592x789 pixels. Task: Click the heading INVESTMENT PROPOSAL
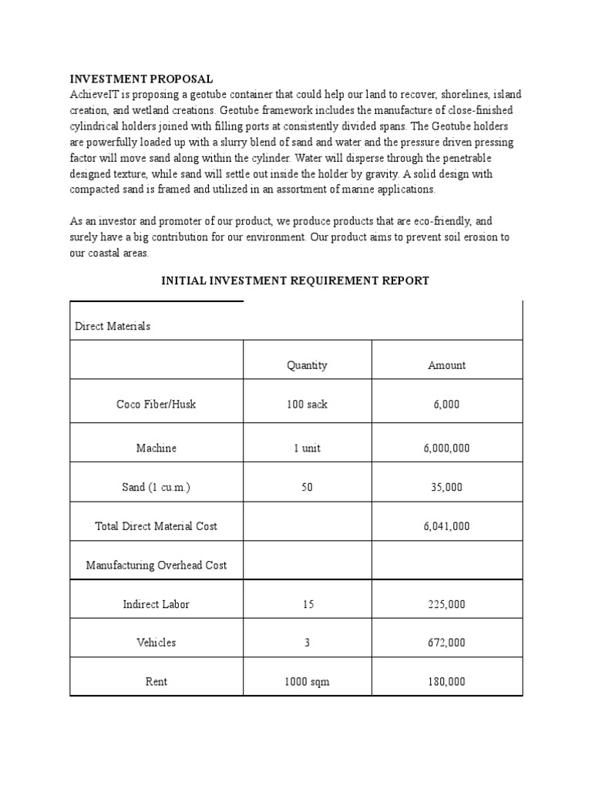click(141, 79)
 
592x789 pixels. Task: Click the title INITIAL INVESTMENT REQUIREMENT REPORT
click(294, 281)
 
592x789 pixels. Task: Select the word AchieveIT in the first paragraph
click(95, 94)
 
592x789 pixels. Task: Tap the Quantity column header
click(307, 365)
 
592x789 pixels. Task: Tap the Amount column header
click(446, 365)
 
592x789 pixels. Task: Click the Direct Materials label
click(113, 326)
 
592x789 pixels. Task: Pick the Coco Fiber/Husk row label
click(156, 405)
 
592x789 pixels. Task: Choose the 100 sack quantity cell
click(307, 405)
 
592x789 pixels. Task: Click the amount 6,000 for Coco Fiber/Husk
click(446, 405)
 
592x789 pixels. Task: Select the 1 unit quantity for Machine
click(307, 448)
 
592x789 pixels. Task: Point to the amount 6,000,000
click(446, 448)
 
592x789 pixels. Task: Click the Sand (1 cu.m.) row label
click(156, 487)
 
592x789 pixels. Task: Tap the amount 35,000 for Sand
click(446, 487)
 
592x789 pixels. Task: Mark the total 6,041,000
click(446, 526)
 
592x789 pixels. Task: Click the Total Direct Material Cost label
click(156, 526)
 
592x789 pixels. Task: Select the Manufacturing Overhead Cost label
click(156, 565)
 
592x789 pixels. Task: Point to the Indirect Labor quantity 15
click(307, 604)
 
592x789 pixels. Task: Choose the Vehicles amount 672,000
click(446, 643)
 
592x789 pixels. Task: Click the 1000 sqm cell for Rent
click(307, 682)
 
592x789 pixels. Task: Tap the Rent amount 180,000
click(446, 682)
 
